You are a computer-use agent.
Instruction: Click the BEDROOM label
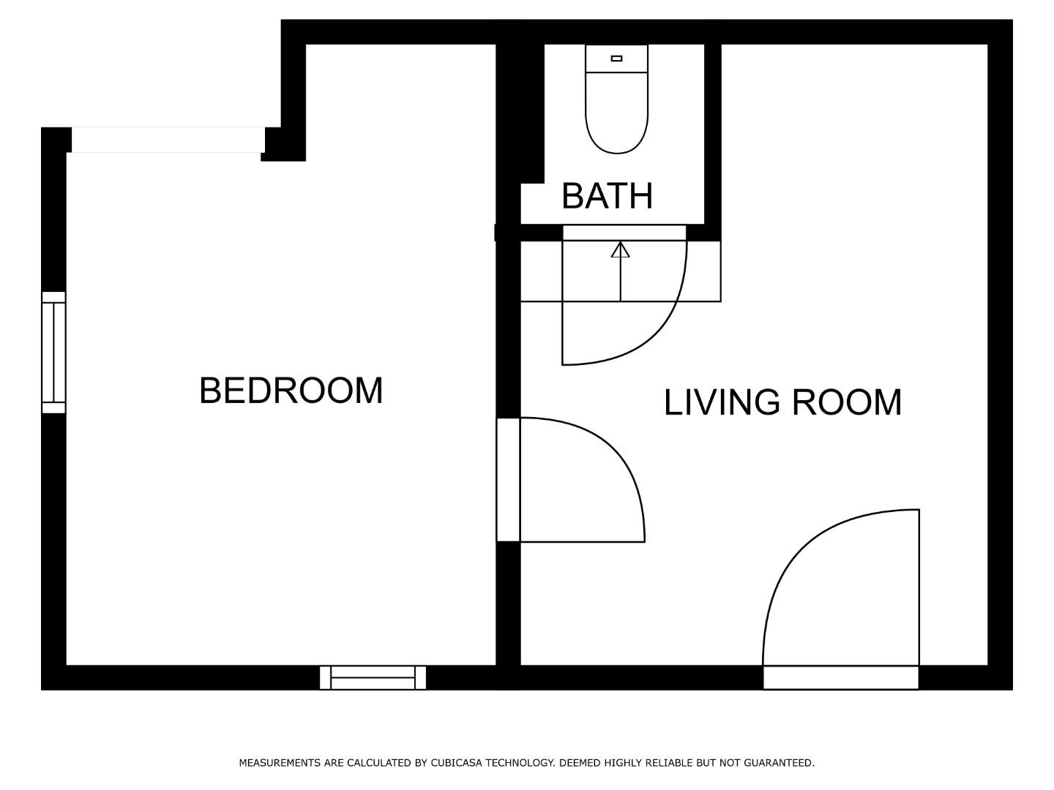click(x=291, y=391)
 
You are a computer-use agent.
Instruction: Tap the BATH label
click(x=607, y=196)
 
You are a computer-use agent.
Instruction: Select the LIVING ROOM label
click(x=782, y=402)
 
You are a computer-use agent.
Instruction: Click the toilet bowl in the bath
click(x=616, y=113)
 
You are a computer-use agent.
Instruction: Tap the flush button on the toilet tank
click(x=616, y=59)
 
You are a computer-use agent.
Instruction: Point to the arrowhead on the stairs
click(x=621, y=249)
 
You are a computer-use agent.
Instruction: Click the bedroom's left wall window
click(x=53, y=353)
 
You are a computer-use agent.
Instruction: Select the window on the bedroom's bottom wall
click(x=373, y=677)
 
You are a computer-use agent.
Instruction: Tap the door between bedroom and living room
click(x=570, y=480)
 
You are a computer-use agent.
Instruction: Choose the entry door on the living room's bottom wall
click(x=841, y=600)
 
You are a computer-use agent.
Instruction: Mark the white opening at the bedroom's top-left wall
click(x=168, y=140)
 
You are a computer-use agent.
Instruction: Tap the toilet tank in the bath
click(x=616, y=59)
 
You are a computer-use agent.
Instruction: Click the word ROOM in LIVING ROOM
click(x=847, y=402)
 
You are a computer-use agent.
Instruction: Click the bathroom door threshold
click(x=624, y=233)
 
